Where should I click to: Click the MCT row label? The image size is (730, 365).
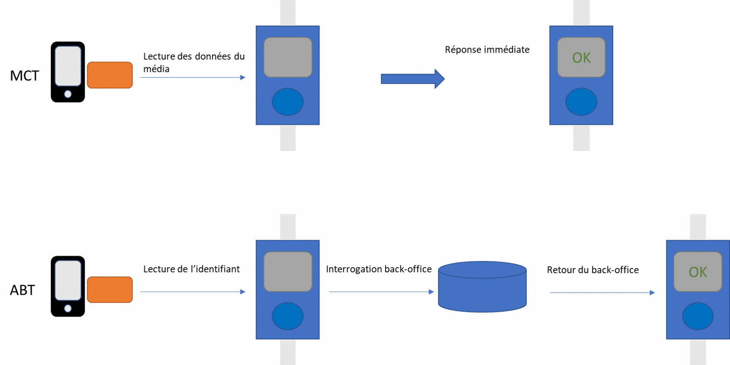[x=24, y=76]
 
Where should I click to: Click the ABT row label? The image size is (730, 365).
[x=22, y=290]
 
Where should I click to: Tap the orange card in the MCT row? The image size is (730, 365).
[x=109, y=75]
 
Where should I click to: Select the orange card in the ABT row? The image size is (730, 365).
[x=109, y=290]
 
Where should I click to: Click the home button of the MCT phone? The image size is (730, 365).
[x=68, y=94]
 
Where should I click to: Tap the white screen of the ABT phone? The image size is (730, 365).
[x=68, y=280]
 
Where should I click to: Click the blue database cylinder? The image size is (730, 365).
[x=482, y=287]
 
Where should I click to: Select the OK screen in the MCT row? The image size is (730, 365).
[x=581, y=57]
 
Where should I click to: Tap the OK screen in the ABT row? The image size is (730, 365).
[x=697, y=272]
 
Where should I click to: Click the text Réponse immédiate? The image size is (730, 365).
[x=487, y=50]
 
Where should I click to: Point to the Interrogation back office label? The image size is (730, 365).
[x=379, y=269]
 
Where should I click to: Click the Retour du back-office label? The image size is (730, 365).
[x=593, y=270]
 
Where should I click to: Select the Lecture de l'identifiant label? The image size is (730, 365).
[x=192, y=269]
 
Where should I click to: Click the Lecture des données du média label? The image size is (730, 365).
[x=194, y=62]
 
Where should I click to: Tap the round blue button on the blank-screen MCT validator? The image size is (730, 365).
[x=287, y=102]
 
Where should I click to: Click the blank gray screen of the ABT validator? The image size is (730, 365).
[x=287, y=271]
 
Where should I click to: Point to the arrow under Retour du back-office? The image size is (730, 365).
[x=602, y=293]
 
